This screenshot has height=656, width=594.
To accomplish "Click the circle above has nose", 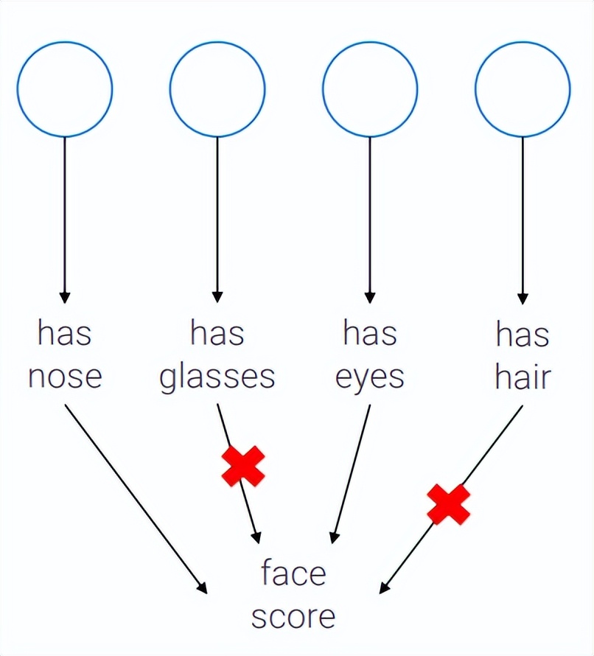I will point(65,89).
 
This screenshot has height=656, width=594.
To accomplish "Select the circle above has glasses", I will point(217,89).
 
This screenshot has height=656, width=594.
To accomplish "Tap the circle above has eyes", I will point(370,89).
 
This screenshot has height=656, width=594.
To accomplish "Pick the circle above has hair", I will point(523,89).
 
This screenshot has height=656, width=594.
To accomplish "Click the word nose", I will point(65,376).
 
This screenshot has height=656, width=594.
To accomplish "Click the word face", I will point(293,573).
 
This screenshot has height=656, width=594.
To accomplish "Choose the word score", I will point(293,616).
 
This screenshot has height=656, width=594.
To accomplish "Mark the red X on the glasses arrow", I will point(243,467).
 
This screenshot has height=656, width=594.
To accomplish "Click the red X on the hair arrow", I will point(449,504).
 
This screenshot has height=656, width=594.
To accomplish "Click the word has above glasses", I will point(217,333).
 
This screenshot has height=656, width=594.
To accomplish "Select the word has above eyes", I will point(370,333).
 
